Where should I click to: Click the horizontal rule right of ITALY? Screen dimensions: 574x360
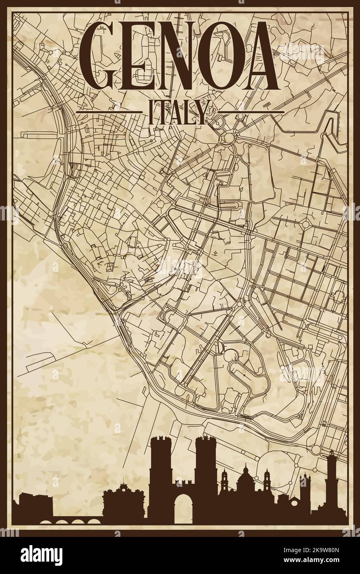(251, 112)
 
